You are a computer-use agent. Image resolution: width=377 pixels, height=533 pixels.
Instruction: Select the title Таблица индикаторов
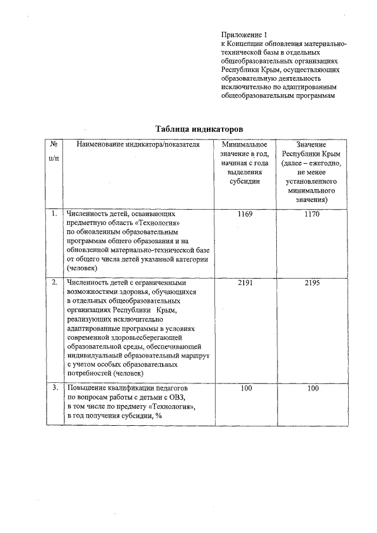pyautogui.click(x=199, y=128)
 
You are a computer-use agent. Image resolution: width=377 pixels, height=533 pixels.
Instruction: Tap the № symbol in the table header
pyautogui.click(x=54, y=144)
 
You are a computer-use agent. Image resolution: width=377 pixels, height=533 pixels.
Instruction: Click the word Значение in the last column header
pyautogui.click(x=312, y=144)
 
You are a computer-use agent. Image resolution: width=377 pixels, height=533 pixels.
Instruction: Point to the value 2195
pyautogui.click(x=312, y=283)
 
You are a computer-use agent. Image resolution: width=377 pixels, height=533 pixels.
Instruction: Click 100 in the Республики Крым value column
pyautogui.click(x=312, y=389)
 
